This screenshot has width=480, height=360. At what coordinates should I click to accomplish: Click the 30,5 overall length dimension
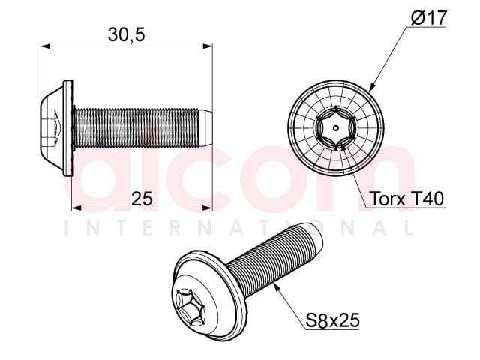click(x=126, y=34)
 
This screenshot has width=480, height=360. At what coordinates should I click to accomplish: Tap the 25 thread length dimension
click(x=142, y=199)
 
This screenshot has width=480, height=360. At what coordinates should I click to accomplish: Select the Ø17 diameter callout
click(x=429, y=17)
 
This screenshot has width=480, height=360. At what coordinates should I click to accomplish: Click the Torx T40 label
click(x=406, y=199)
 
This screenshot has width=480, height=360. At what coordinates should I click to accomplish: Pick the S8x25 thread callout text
click(x=332, y=321)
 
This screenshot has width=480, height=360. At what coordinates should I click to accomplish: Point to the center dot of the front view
click(x=336, y=128)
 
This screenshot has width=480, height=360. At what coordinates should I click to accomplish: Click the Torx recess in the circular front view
click(x=336, y=128)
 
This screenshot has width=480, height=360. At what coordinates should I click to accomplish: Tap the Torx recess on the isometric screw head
click(x=190, y=307)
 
